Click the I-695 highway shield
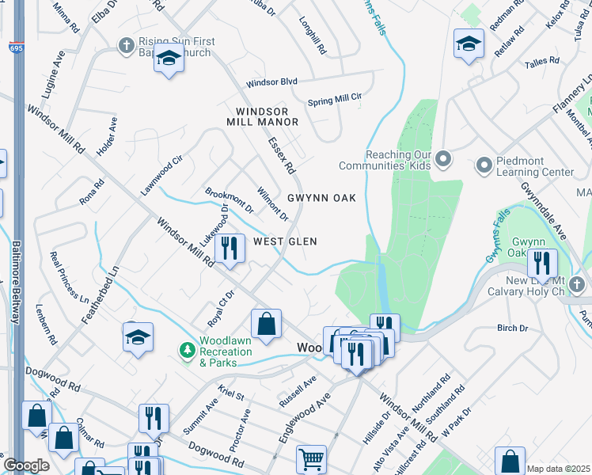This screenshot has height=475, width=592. click(16, 49)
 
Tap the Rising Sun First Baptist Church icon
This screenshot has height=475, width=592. click(125, 46)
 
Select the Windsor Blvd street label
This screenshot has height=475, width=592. click(271, 82)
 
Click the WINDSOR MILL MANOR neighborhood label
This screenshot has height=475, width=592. click(262, 116)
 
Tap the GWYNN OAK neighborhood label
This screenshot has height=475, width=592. click(321, 197)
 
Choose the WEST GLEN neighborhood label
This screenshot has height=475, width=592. click(285, 241)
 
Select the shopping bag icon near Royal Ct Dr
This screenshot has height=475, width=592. click(267, 322)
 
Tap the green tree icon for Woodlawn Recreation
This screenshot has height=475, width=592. click(187, 349)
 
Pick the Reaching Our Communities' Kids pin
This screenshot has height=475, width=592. click(442, 160)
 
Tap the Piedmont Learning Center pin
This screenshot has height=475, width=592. click(484, 165)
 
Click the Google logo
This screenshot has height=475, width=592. click(26, 465)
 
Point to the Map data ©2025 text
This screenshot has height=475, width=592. click(557, 469)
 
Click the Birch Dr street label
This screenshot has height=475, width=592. click(512, 328)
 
